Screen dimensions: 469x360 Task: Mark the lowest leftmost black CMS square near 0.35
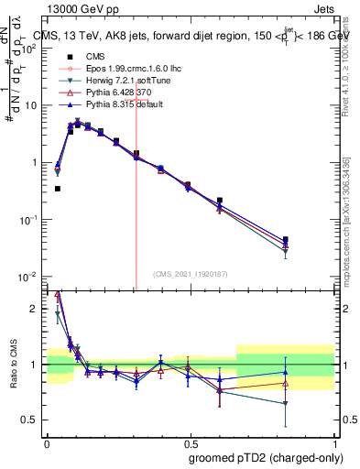[58, 189]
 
